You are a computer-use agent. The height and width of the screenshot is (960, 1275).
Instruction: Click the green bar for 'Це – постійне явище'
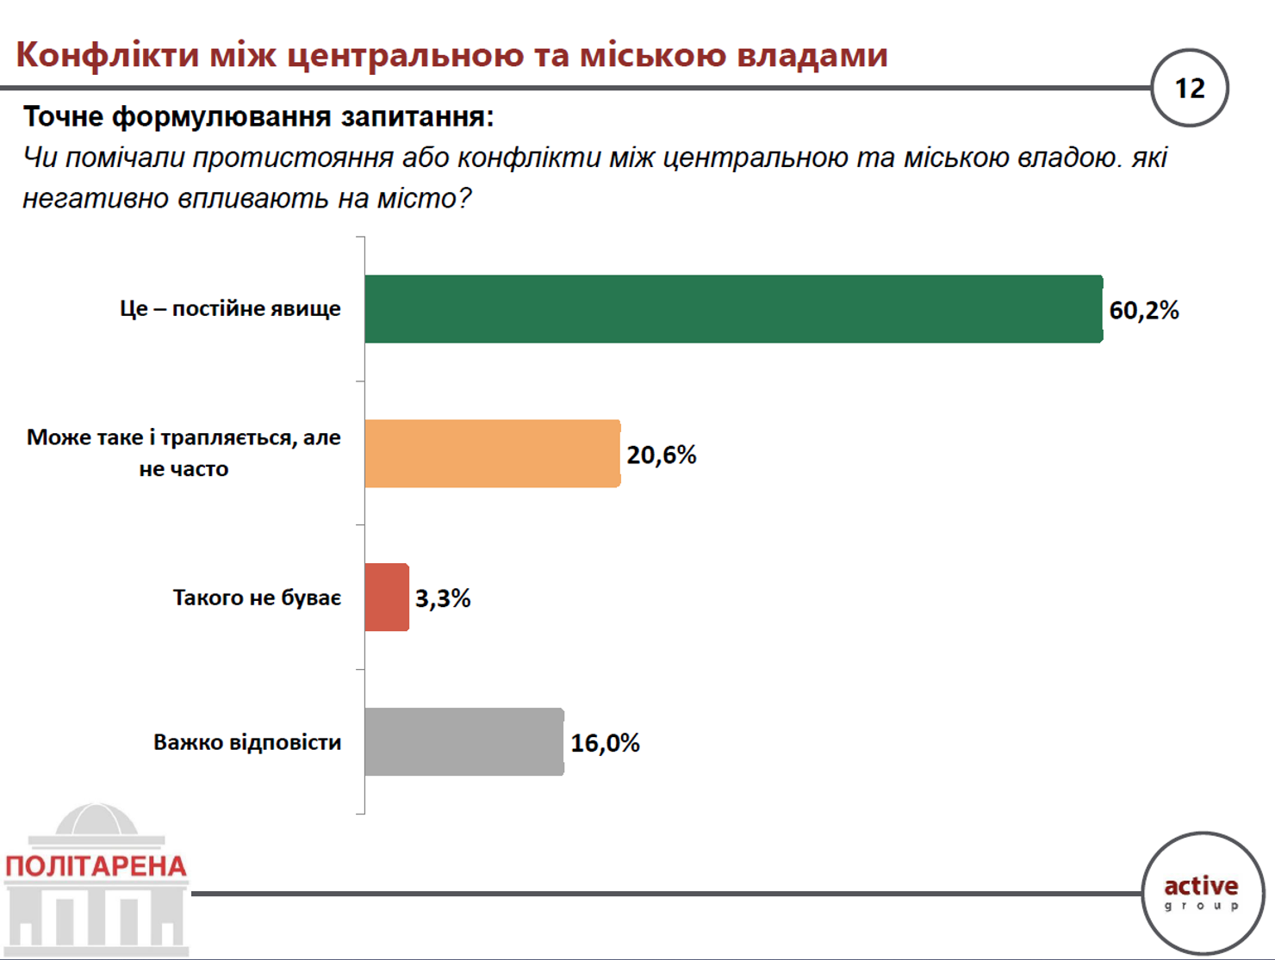pos(734,309)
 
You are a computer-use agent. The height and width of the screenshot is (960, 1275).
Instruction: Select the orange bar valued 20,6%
pos(493,453)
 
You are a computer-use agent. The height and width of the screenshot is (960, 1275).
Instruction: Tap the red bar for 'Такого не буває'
pos(387,597)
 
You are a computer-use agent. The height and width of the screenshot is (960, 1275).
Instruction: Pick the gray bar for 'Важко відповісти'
pos(464,742)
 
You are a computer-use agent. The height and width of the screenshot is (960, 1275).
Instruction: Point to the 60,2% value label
pos(1144,311)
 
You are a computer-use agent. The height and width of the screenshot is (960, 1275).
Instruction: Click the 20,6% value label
pos(661,455)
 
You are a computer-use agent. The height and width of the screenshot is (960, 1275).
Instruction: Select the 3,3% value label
pos(443,598)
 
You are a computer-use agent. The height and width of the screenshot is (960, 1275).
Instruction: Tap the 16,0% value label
pos(606,743)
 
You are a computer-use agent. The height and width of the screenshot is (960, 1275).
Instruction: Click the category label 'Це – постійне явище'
pos(230,309)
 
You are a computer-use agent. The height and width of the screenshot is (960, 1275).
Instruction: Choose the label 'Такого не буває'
pos(257,598)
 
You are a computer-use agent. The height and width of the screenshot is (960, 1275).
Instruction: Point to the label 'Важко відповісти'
pos(247,742)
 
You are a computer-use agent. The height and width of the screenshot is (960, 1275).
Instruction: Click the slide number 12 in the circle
pos(1190,88)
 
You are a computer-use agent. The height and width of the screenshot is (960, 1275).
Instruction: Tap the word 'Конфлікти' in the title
pos(108,56)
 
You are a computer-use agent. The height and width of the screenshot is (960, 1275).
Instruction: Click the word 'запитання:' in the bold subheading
pos(417,117)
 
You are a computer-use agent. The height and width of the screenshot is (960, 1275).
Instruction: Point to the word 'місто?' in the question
pos(424,199)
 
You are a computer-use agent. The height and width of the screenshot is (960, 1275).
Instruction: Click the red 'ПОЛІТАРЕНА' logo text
pos(96,866)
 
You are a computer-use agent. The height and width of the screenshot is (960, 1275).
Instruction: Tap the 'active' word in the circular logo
pos(1201,886)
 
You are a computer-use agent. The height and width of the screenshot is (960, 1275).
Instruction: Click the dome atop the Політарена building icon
pos(96,819)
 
